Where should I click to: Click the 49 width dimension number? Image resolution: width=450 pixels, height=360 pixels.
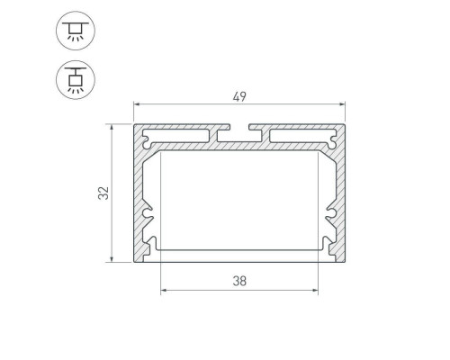[239, 96]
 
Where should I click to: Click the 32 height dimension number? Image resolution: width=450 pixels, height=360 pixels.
[103, 193]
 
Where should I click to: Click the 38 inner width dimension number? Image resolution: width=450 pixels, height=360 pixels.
[239, 281]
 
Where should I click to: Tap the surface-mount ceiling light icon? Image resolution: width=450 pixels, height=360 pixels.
[76, 31]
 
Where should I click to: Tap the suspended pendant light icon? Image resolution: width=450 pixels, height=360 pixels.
[76, 80]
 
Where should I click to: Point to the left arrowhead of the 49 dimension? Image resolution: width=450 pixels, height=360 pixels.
[137, 104]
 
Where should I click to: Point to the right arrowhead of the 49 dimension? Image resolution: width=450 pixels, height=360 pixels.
[342, 104]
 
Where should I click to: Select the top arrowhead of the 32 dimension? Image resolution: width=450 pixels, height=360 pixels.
[112, 127]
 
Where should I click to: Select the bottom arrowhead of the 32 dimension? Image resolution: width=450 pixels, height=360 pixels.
[112, 258]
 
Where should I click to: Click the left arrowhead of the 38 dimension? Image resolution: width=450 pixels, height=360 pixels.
[164, 290]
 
